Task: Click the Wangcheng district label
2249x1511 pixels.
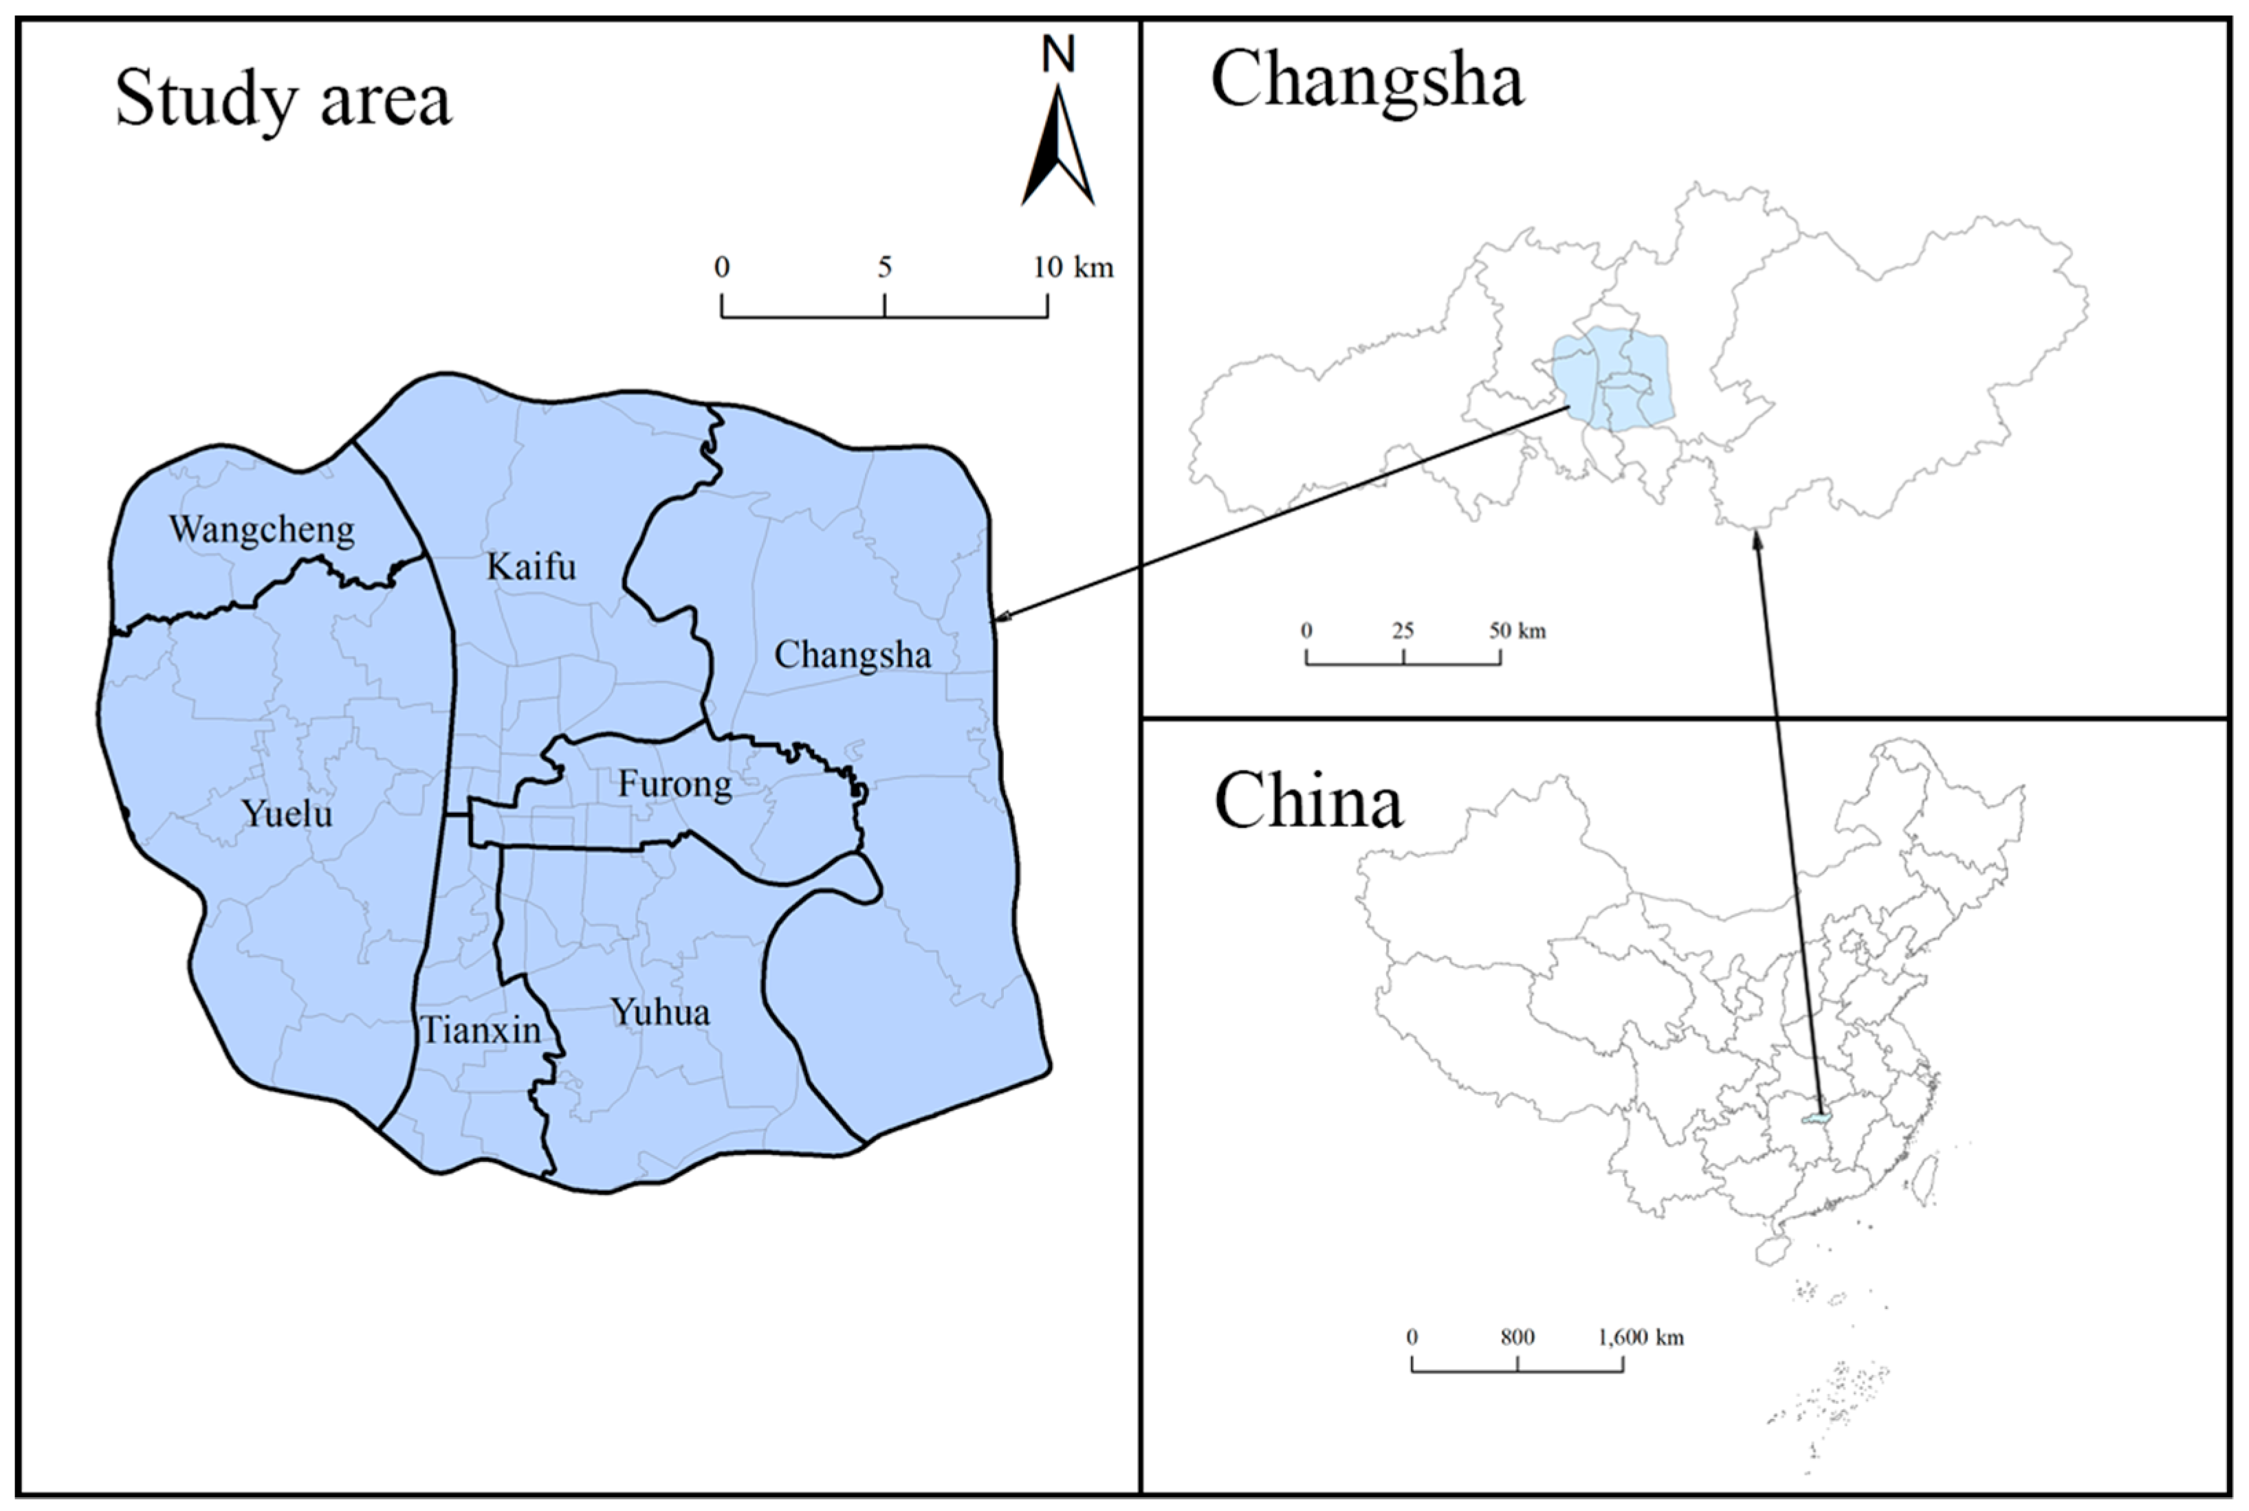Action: pyautogui.click(x=261, y=530)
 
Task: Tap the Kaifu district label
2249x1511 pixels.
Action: pyautogui.click(x=531, y=567)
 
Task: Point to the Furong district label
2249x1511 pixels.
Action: pyautogui.click(x=674, y=785)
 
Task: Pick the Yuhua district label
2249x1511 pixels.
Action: pyautogui.click(x=660, y=1013)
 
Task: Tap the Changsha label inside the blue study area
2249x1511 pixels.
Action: pyautogui.click(x=852, y=656)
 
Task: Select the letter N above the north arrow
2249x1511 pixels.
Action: pyautogui.click(x=1057, y=55)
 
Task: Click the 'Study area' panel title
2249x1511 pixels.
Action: pyautogui.click(x=283, y=99)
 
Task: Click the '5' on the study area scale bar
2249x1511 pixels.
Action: pyautogui.click(x=885, y=267)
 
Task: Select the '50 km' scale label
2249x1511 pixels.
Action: pyautogui.click(x=1517, y=631)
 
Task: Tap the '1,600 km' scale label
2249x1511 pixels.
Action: pyautogui.click(x=1641, y=1338)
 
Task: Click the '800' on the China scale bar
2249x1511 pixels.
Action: pyautogui.click(x=1517, y=1338)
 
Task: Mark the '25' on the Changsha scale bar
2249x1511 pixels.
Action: pyautogui.click(x=1403, y=631)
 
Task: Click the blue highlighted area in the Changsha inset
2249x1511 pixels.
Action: pyautogui.click(x=1612, y=379)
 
